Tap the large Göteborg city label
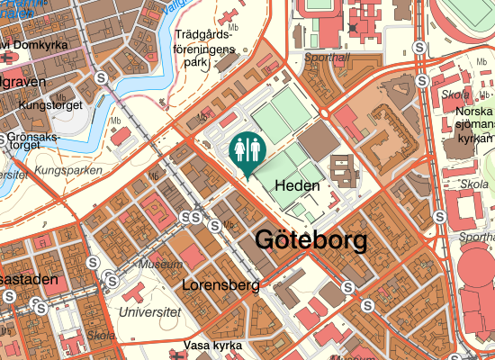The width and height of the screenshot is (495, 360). click(311, 241)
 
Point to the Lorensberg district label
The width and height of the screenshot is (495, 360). click(220, 285)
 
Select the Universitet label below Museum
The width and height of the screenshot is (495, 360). click(148, 311)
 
